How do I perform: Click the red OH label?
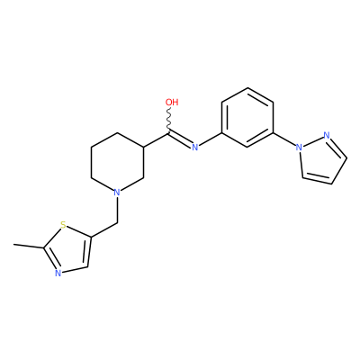(x=172, y=103)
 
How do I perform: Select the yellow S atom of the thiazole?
(x=63, y=225)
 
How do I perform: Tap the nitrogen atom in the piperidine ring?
(x=117, y=192)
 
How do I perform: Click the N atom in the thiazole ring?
(x=58, y=273)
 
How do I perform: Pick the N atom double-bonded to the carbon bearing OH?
(x=195, y=147)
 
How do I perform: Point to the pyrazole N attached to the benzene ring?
(x=299, y=147)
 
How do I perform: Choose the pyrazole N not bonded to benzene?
(x=327, y=135)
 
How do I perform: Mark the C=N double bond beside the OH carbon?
(x=180, y=139)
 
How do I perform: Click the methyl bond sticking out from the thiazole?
(x=29, y=247)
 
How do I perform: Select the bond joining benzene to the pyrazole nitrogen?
(x=284, y=139)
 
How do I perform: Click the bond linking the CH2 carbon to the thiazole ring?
(x=104, y=230)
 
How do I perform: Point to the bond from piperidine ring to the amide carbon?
(x=157, y=139)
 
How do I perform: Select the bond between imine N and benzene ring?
(x=211, y=139)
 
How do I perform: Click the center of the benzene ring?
(x=247, y=117)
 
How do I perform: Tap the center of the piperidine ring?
(x=117, y=162)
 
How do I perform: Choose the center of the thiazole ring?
(x=68, y=250)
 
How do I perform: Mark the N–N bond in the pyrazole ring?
(x=313, y=141)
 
